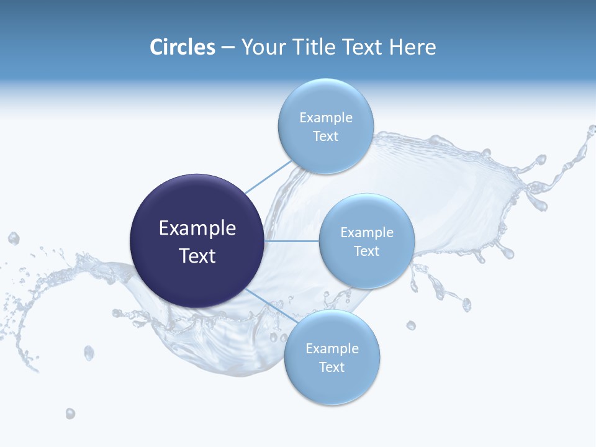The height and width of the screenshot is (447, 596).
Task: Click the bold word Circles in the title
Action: tap(183, 47)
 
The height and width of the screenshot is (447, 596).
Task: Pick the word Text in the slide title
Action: tap(364, 47)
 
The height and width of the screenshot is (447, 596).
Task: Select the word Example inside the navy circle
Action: tap(197, 228)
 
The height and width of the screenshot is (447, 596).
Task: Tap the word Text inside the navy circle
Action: tap(197, 256)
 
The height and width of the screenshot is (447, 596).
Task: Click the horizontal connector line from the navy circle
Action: tap(292, 241)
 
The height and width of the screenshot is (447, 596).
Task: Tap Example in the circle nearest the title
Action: tap(325, 118)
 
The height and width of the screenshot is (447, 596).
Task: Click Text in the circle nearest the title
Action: tap(325, 137)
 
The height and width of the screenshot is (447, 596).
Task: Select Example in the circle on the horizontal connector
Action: tap(366, 233)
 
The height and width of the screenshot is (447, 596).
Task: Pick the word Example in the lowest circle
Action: tap(332, 349)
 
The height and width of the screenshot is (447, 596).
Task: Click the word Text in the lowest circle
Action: tap(332, 368)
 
